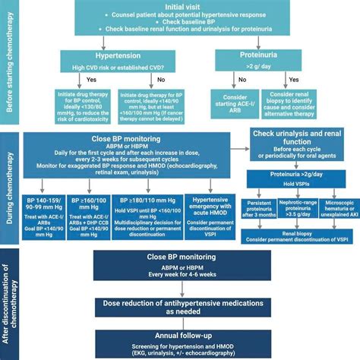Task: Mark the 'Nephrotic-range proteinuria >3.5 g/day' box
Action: pos(298,210)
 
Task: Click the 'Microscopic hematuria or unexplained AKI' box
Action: pos(335,210)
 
